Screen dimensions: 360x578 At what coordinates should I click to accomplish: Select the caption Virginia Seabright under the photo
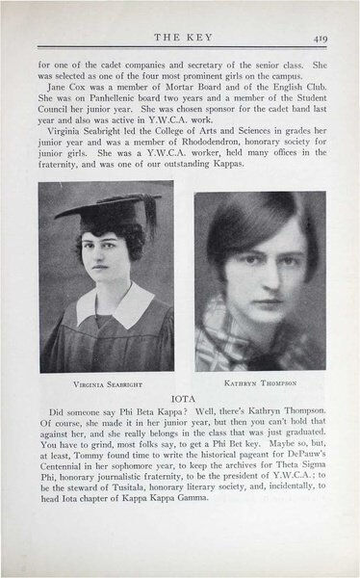107,382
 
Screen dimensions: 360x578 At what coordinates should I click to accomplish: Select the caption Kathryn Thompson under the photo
260,382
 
